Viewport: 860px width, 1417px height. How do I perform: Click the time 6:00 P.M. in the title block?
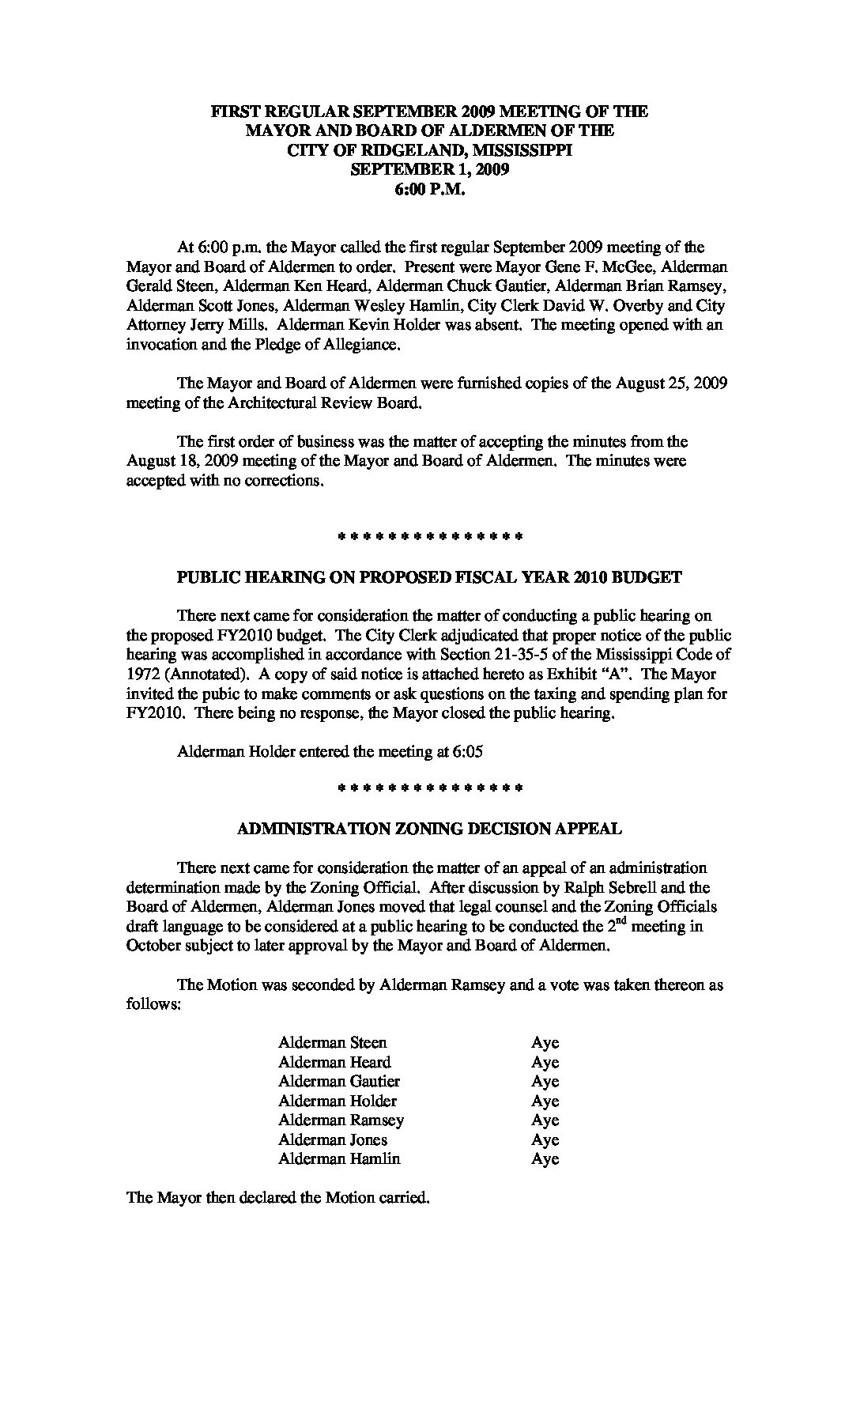coord(429,189)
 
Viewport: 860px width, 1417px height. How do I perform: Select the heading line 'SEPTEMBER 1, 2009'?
coord(429,169)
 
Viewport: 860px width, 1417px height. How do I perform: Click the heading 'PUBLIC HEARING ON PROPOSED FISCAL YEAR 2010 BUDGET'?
coord(429,577)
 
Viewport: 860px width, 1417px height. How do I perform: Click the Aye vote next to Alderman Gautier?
coord(545,1082)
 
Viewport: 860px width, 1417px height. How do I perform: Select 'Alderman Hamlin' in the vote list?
coord(339,1159)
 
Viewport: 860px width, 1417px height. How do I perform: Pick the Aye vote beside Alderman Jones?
coord(545,1140)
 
